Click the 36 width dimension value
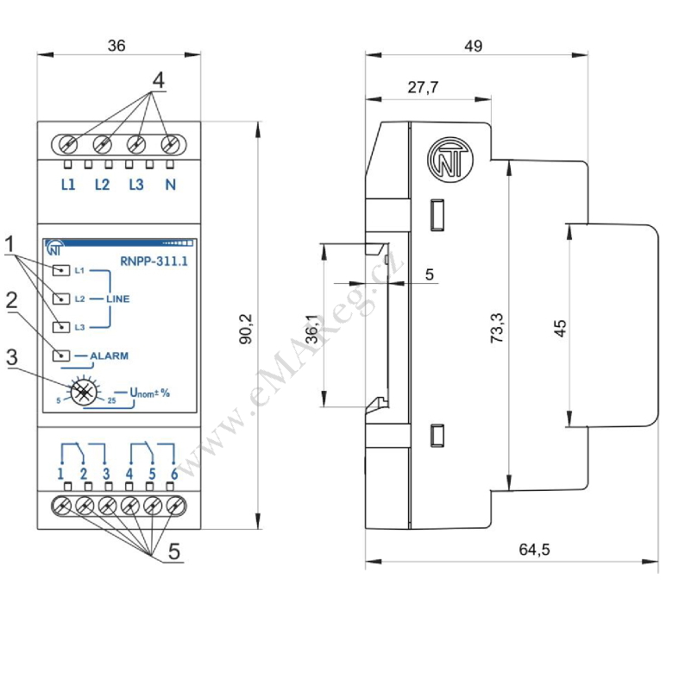pos(116,46)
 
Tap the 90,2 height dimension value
pos(247,329)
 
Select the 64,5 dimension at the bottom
pos(534,550)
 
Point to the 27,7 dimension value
pos(423,87)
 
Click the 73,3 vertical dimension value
pos(497,328)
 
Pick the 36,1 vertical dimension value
pos(313,330)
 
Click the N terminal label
pos(170,185)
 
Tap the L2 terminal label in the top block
pos(102,185)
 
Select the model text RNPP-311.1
pos(154,261)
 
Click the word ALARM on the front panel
pos(109,355)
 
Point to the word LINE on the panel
pos(118,299)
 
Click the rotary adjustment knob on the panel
pos(84,392)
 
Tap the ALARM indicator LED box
pos(61,355)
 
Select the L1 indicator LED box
pos(61,270)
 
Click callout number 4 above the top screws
pos(159,80)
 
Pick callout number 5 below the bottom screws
pos(173,551)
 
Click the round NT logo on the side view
pos(450,160)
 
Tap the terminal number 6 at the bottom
pos(174,474)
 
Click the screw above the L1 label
pos(68,144)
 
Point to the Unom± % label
pos(150,393)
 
